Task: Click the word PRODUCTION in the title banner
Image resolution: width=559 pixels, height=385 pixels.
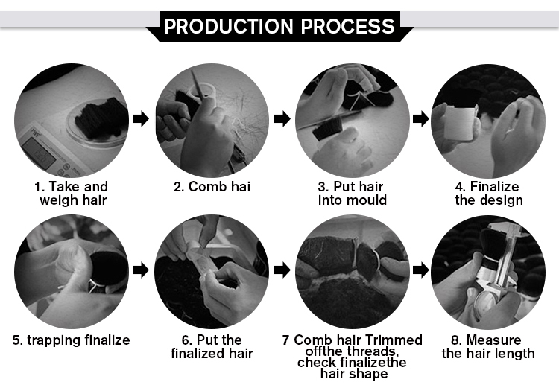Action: click(229, 26)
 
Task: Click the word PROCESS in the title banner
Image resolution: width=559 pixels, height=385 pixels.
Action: click(347, 26)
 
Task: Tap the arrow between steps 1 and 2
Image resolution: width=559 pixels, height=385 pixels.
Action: click(140, 118)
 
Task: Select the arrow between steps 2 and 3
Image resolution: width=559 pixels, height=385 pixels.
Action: click(282, 118)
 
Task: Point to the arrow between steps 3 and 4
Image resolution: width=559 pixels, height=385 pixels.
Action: click(420, 118)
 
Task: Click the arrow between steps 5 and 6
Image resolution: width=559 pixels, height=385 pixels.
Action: click(140, 270)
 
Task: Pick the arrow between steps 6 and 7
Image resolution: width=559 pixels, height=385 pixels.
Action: click(282, 270)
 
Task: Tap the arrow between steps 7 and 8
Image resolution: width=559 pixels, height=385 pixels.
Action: click(420, 270)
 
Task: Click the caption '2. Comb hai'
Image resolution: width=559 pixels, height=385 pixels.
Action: click(212, 187)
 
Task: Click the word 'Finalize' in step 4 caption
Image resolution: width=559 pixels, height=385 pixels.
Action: click(494, 187)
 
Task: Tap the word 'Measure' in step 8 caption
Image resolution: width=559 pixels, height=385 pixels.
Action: click(493, 340)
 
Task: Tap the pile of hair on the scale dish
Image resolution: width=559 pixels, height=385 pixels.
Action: click(101, 118)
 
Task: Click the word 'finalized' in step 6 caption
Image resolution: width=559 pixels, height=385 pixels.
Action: click(195, 354)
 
